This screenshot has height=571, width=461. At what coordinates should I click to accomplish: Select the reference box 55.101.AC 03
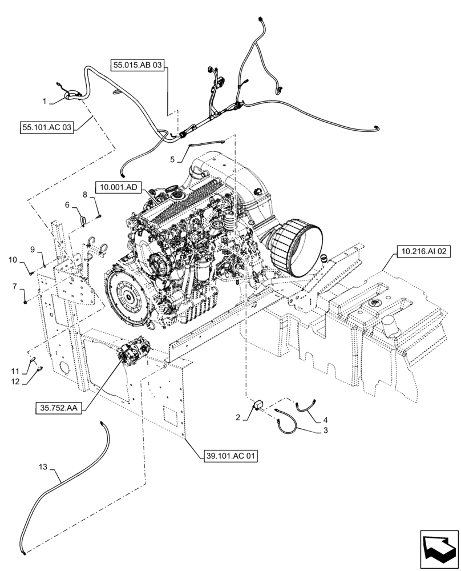[46, 127]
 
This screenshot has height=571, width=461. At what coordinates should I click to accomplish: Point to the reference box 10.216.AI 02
[422, 250]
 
